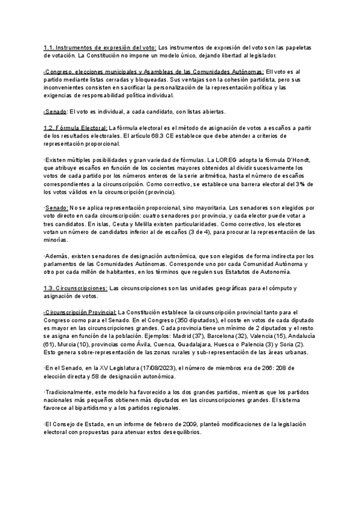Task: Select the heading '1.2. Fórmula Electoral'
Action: point(75,128)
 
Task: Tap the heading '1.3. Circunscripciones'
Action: point(76,288)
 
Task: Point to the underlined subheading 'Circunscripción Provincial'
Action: point(80,313)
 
